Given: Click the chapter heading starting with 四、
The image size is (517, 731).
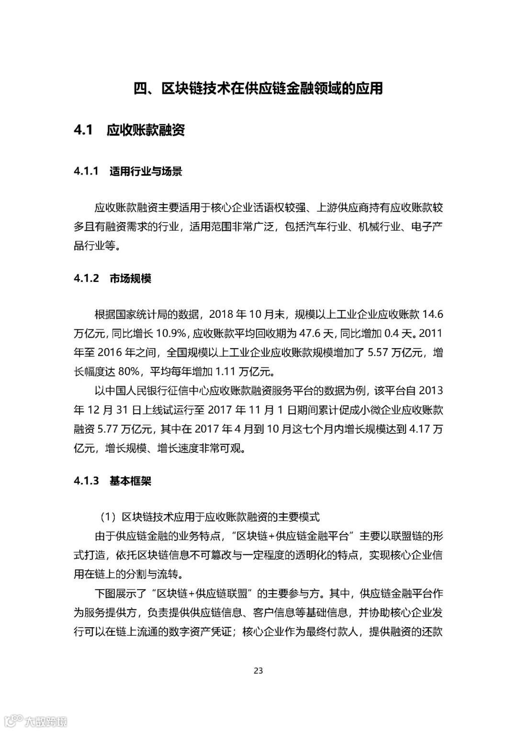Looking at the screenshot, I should click(x=258, y=89).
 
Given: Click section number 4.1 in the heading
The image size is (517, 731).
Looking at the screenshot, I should click(x=83, y=130).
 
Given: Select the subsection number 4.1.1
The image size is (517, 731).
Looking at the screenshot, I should click(x=86, y=172).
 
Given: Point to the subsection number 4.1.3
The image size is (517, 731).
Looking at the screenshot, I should click(x=86, y=481).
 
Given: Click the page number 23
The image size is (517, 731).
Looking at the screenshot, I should click(x=258, y=671).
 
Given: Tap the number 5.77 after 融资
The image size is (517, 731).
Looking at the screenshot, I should click(x=112, y=429).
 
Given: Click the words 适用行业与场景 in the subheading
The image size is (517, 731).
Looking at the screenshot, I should click(x=146, y=172).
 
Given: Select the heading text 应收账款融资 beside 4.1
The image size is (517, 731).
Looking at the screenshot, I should click(x=146, y=130).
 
